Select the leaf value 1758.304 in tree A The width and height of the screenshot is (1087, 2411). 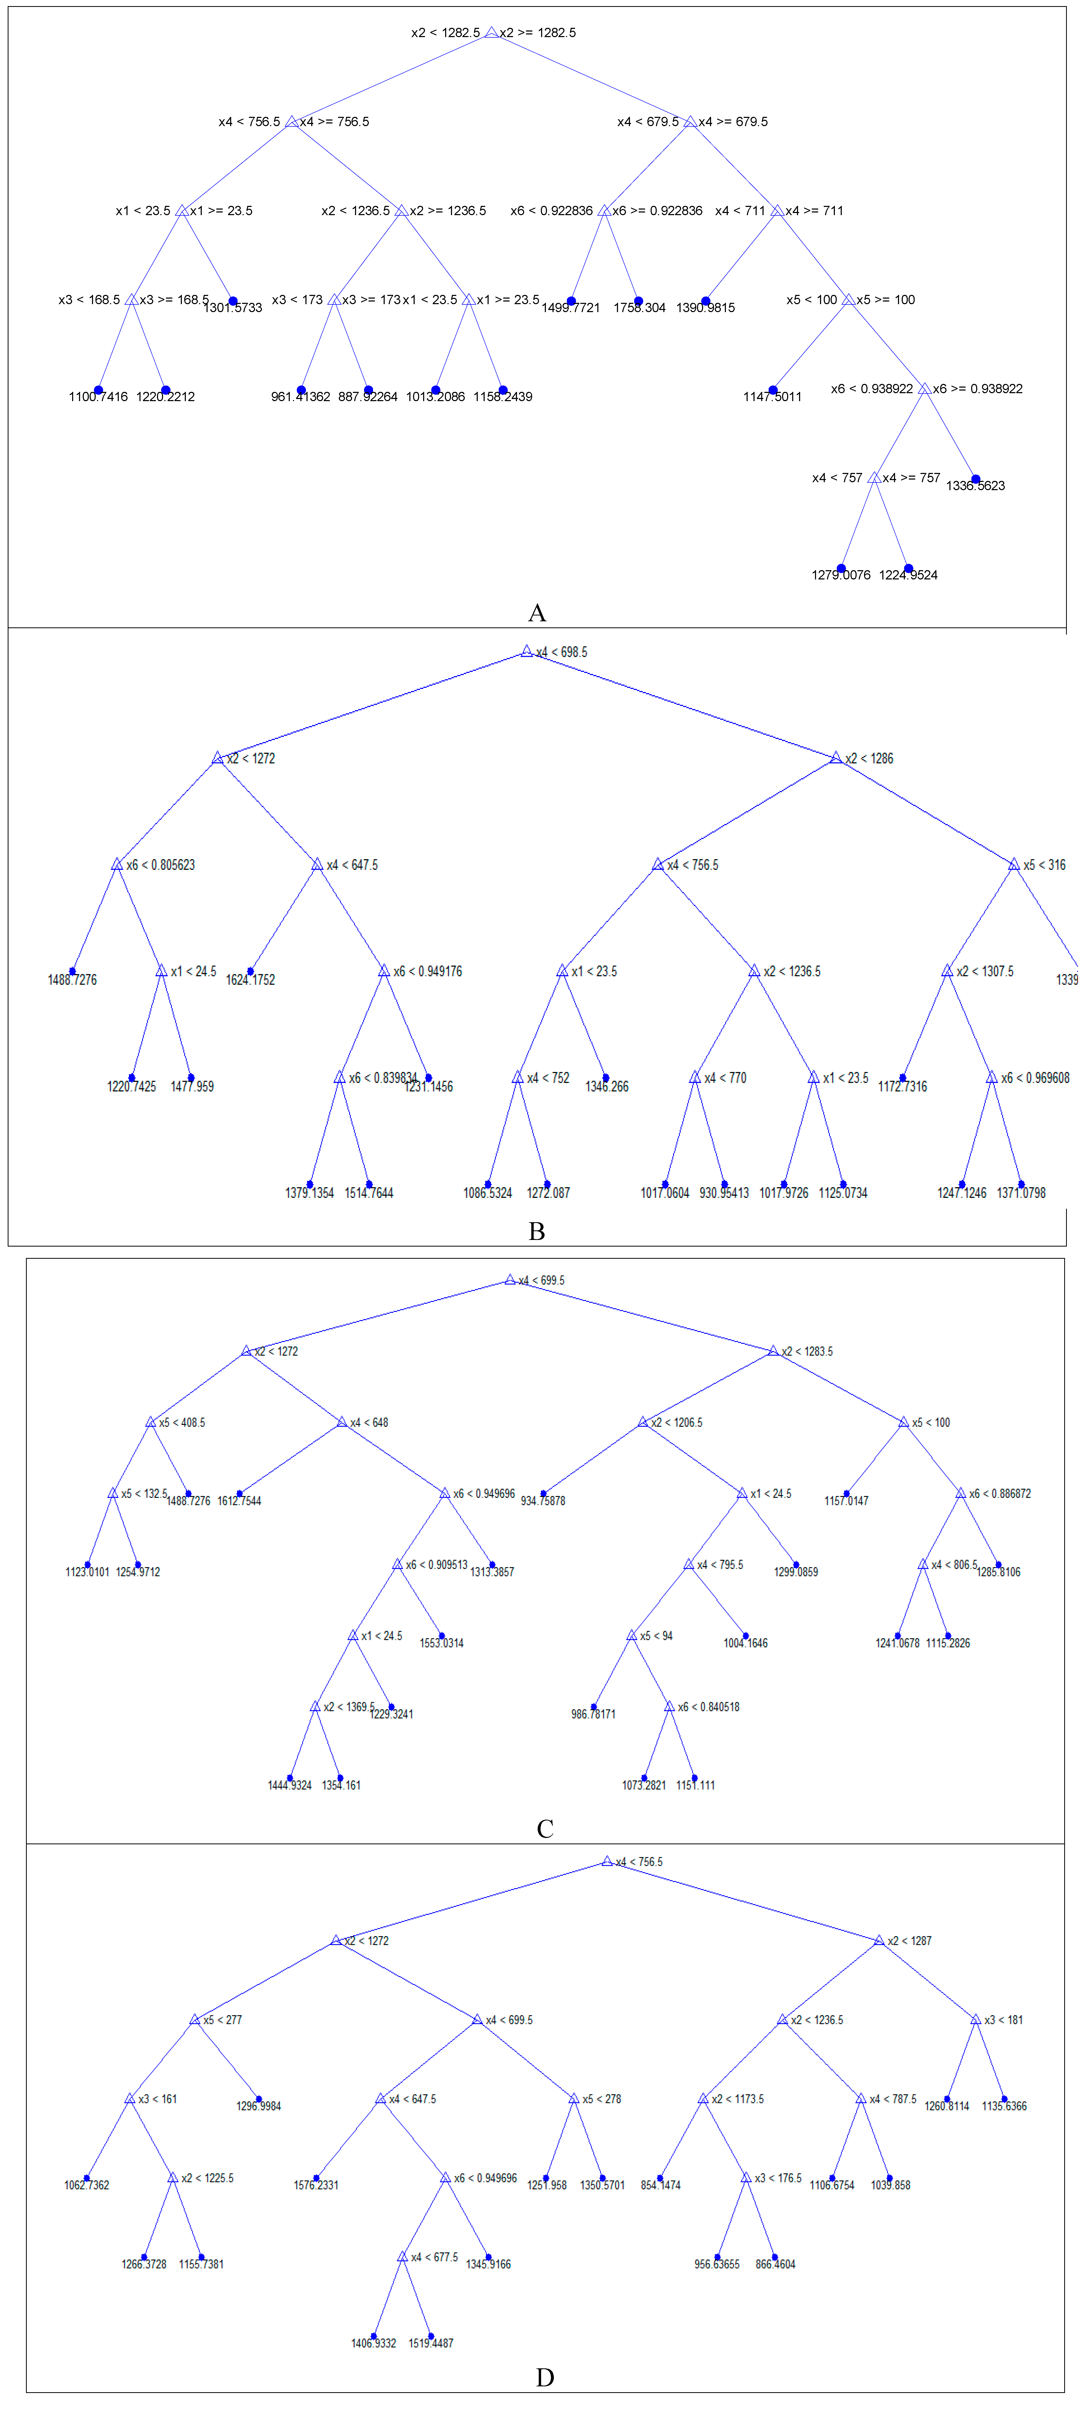pyautogui.click(x=639, y=308)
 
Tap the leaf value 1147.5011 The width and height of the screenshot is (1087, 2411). pyautogui.click(x=772, y=397)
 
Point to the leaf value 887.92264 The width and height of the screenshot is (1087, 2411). pyautogui.click(x=368, y=397)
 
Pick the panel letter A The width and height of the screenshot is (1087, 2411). pyautogui.click(x=537, y=613)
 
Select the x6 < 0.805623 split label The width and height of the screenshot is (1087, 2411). pyautogui.click(x=160, y=865)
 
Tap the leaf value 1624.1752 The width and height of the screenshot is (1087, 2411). pyautogui.click(x=250, y=980)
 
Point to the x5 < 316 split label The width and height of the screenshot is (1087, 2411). pyautogui.click(x=1044, y=865)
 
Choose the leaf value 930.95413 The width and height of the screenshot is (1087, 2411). pyautogui.click(x=724, y=1193)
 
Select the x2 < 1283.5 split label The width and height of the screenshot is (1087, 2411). pyautogui.click(x=807, y=1351)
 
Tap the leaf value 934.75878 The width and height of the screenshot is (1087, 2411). pyautogui.click(x=543, y=1501)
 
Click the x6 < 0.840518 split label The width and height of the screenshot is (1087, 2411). pyautogui.click(x=709, y=1707)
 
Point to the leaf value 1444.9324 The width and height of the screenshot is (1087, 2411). pyautogui.click(x=289, y=1786)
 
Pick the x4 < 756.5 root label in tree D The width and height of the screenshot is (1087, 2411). pyautogui.click(x=638, y=1863)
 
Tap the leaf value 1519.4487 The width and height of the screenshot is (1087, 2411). pyautogui.click(x=431, y=2344)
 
